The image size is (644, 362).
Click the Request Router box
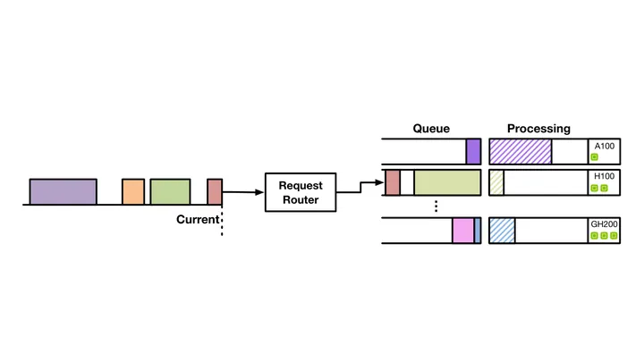301,192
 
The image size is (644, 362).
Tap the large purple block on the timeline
64,191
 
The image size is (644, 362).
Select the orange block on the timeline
133,191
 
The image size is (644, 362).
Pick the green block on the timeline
170,191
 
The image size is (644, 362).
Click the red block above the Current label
215,191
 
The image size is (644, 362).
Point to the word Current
198,220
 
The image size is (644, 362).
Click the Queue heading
431,129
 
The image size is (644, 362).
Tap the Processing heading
538,129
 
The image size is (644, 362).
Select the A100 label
605,146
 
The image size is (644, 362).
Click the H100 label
605,176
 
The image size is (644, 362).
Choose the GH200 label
604,224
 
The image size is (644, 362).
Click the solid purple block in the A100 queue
473,151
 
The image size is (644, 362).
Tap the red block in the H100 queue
393,182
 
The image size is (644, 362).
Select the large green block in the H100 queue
447,182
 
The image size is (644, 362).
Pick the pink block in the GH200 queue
463,231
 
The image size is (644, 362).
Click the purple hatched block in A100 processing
521,151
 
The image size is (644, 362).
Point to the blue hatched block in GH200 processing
502,231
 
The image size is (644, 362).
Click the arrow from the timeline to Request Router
243,191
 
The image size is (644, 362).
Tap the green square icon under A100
594,157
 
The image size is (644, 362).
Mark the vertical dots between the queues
436,206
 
